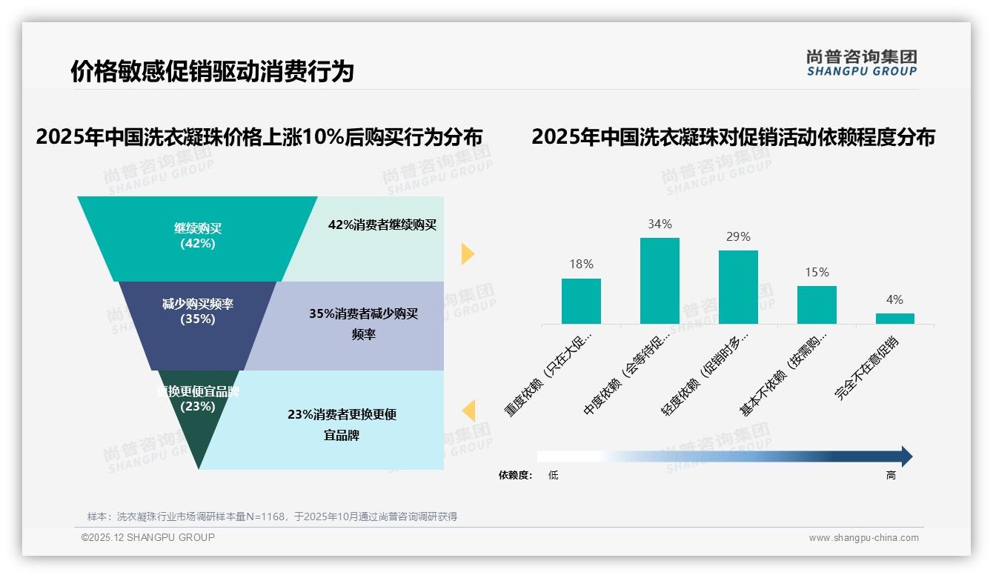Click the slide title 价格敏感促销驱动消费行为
point(212,71)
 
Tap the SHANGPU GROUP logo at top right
point(861,63)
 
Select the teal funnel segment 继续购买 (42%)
point(197,236)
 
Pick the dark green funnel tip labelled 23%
point(197,422)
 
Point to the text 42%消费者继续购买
point(382,225)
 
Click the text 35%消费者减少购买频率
point(363,324)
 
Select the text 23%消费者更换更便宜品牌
point(342,425)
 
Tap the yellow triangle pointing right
point(467,253)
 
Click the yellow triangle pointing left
point(468,411)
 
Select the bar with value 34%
point(660,281)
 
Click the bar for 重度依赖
point(581,301)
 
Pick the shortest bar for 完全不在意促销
point(894,319)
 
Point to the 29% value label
point(738,237)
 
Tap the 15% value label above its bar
point(817,273)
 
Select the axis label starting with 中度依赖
point(628,379)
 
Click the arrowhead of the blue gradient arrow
point(906,456)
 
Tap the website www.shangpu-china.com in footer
point(863,538)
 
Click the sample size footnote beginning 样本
point(272,516)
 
